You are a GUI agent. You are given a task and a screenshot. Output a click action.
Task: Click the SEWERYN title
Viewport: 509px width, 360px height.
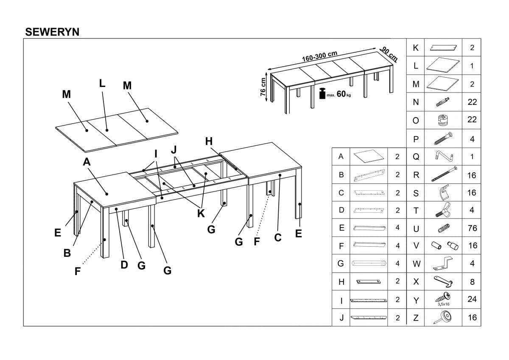pyautogui.click(x=52, y=32)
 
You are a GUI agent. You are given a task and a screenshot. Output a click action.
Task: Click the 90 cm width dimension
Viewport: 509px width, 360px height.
pyautogui.click(x=389, y=54)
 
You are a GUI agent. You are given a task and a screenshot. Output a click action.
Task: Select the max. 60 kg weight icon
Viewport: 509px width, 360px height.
pyautogui.click(x=322, y=94)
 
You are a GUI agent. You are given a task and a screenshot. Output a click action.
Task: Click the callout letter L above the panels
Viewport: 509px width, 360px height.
pyautogui.click(x=102, y=83)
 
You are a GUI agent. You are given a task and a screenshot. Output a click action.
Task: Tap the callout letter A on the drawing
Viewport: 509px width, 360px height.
pyautogui.click(x=87, y=162)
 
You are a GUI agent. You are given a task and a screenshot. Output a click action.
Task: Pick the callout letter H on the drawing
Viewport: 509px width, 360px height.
pyautogui.click(x=209, y=141)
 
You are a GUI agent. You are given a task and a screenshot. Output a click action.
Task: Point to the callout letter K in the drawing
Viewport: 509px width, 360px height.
pyautogui.click(x=201, y=214)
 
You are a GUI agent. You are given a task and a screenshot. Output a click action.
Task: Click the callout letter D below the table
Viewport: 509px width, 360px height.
pyautogui.click(x=124, y=264)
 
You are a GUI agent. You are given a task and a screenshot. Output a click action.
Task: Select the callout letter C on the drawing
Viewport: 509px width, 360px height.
pyautogui.click(x=278, y=237)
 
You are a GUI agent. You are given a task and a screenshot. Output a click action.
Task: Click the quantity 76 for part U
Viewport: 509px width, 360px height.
pyautogui.click(x=472, y=228)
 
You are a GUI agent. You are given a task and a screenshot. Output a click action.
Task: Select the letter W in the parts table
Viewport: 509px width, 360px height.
pyautogui.click(x=417, y=264)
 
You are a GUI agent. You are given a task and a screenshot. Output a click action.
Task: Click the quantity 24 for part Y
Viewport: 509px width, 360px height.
pyautogui.click(x=472, y=299)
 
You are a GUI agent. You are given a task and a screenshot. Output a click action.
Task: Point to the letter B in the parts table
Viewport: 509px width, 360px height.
pyautogui.click(x=341, y=174)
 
